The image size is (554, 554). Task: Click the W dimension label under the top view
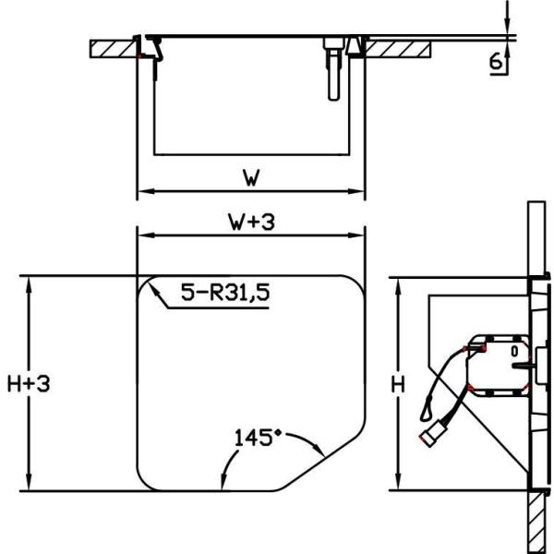[x=250, y=175]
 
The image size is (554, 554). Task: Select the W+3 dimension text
[x=250, y=221]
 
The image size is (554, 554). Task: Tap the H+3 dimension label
[x=27, y=383]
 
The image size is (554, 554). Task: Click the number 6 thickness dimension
[x=495, y=62]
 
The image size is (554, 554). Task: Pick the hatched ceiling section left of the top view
[x=112, y=48]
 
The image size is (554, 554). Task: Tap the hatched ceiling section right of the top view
[x=402, y=46]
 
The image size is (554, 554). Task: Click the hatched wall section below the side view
[x=535, y=522]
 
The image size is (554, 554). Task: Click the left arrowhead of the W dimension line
[x=141, y=193]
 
